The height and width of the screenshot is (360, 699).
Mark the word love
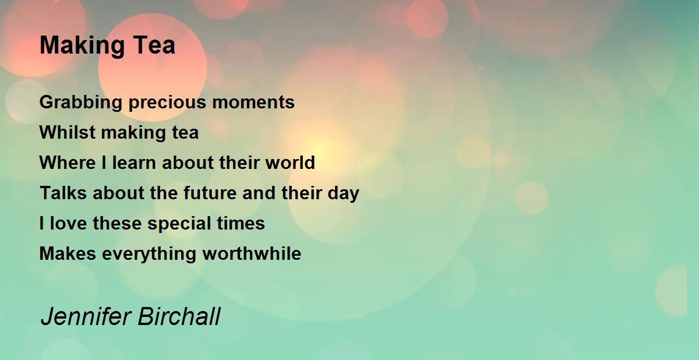coord(69,224)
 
